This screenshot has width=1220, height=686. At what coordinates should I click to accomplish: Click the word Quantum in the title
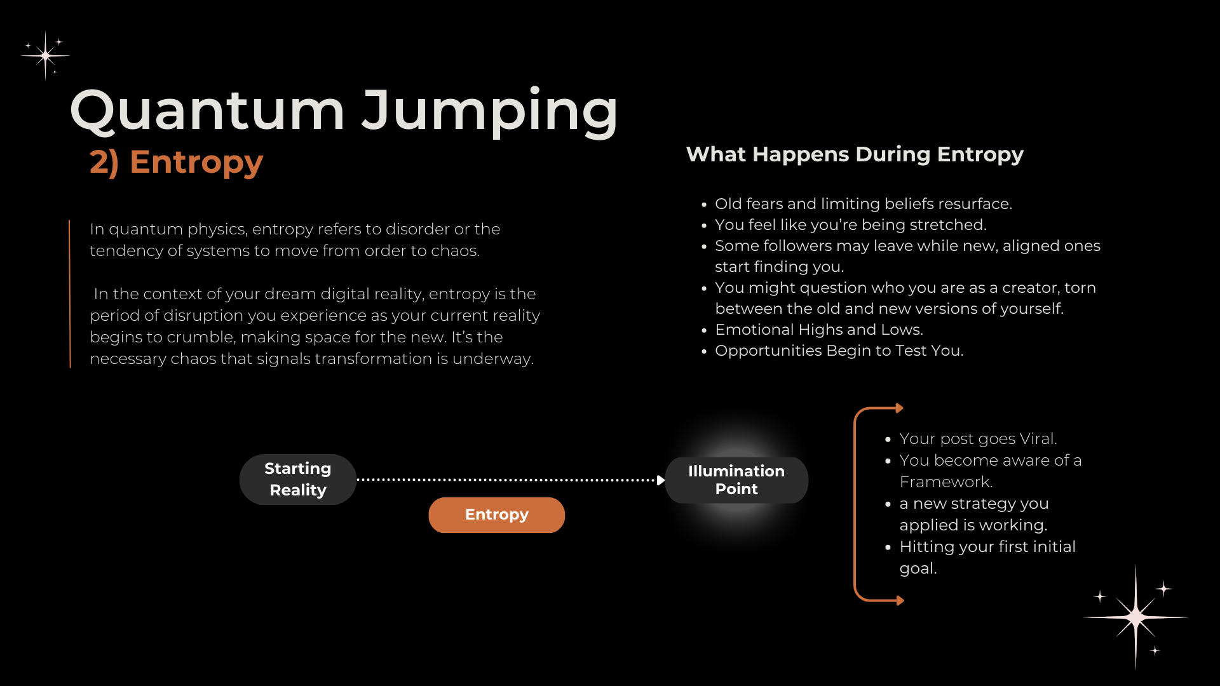pyautogui.click(x=207, y=111)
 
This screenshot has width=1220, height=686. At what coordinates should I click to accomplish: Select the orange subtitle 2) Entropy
pyautogui.click(x=176, y=162)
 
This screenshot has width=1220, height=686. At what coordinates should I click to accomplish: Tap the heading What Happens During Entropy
pyautogui.click(x=855, y=154)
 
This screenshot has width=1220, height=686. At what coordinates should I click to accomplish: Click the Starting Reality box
pyautogui.click(x=297, y=480)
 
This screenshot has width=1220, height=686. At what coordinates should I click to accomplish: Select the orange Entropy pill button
pyautogui.click(x=496, y=514)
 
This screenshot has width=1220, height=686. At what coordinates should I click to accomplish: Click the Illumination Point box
pyautogui.click(x=736, y=480)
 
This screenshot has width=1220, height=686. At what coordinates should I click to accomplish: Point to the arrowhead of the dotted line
pyautogui.click(x=661, y=480)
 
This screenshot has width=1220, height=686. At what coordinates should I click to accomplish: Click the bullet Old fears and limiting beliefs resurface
pyautogui.click(x=863, y=204)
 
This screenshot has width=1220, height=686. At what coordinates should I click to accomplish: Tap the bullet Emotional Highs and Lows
pyautogui.click(x=818, y=330)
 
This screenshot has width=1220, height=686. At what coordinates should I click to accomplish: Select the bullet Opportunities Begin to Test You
pyautogui.click(x=839, y=351)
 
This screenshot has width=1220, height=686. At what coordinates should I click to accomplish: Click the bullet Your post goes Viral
pyautogui.click(x=978, y=439)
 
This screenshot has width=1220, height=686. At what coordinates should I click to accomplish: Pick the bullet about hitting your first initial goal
pyautogui.click(x=987, y=557)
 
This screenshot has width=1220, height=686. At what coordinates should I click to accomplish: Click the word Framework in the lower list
pyautogui.click(x=945, y=482)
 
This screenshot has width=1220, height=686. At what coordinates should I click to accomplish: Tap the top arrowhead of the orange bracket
pyautogui.click(x=899, y=408)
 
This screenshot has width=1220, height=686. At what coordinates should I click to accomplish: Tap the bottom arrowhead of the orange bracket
pyautogui.click(x=900, y=600)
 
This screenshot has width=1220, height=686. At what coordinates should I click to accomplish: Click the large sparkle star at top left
pyautogui.click(x=46, y=56)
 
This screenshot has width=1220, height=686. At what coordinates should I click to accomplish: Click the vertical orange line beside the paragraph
pyautogui.click(x=70, y=293)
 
